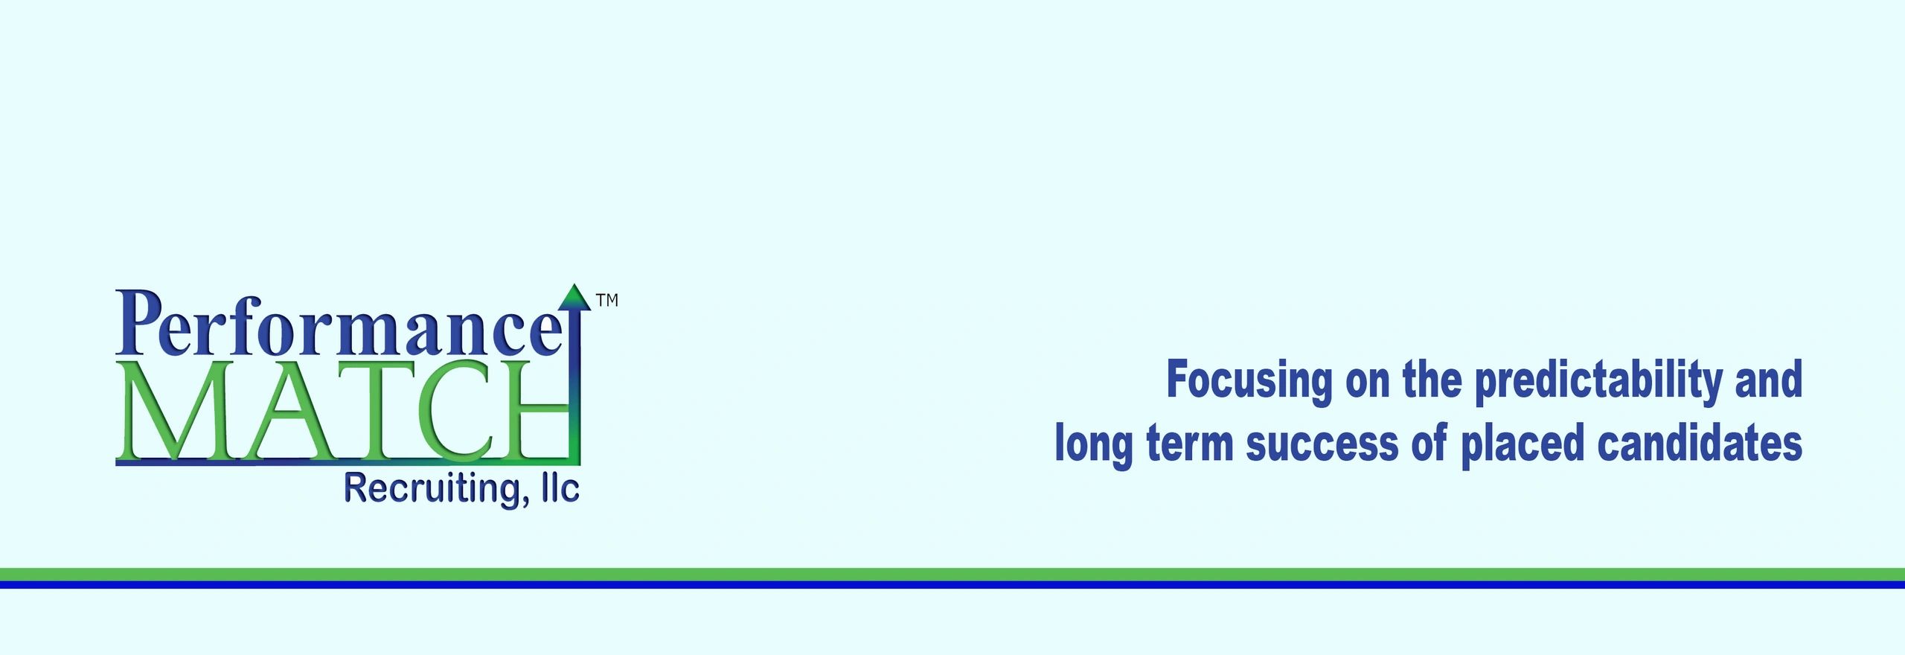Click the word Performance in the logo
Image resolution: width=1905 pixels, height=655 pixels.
(339, 325)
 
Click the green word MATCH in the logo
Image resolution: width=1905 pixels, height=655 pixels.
(343, 410)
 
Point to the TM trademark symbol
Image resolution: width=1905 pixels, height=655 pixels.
(607, 300)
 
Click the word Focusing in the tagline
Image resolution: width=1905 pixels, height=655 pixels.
(1249, 381)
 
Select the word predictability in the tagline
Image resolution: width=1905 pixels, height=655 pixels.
(1598, 381)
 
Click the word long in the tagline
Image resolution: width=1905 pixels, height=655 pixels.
(1094, 445)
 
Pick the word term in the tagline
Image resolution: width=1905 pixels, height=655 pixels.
(1189, 445)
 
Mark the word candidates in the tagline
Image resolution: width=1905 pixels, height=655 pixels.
(1700, 444)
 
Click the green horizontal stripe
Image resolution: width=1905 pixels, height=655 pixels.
(952, 574)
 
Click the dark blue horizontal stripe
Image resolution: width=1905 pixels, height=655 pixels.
(952, 584)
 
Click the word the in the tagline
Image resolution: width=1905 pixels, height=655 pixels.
(1432, 379)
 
